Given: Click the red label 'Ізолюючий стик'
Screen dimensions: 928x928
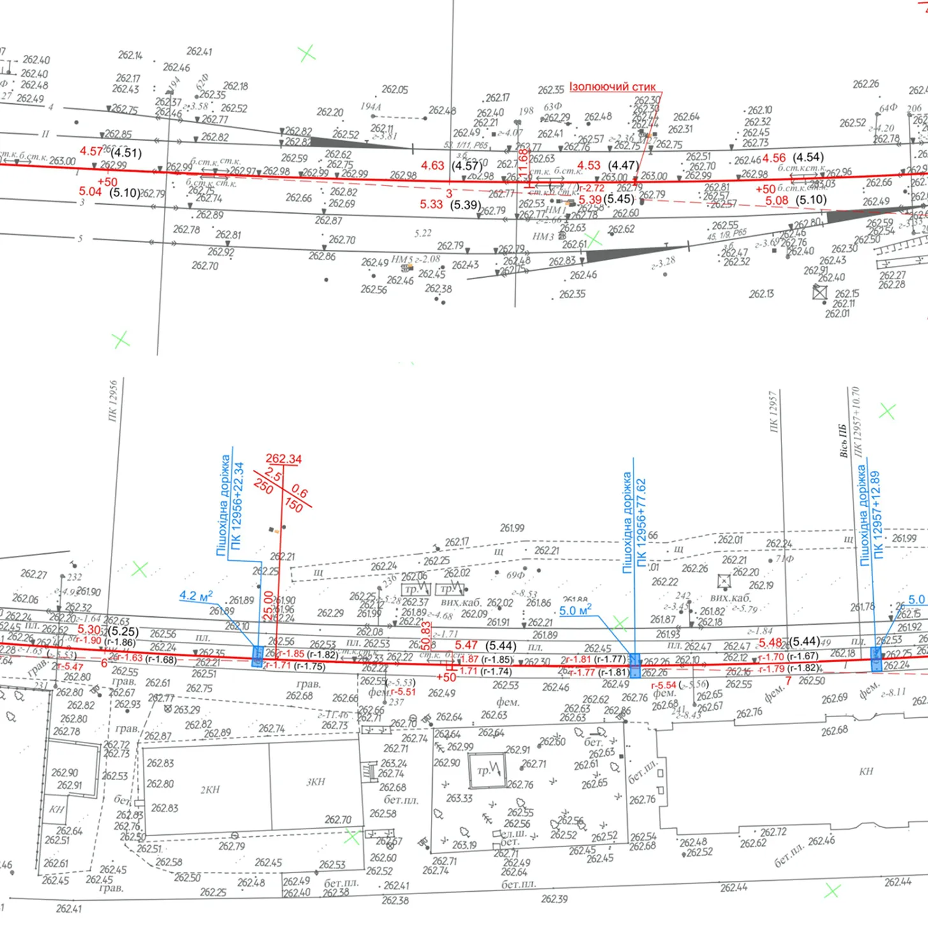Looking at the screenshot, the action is tap(612, 87).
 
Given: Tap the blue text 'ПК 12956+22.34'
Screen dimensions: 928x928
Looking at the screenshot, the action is tap(238, 505).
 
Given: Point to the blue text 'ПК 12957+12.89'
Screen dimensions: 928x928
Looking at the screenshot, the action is tap(878, 515).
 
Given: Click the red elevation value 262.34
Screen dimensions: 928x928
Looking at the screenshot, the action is tap(284, 459).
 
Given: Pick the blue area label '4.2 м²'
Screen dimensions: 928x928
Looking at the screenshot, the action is tap(196, 596).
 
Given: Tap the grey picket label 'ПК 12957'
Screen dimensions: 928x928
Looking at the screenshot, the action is tap(773, 412).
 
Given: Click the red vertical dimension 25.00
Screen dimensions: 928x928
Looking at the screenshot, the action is tap(268, 606).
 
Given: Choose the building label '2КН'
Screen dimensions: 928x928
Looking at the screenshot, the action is tap(210, 790).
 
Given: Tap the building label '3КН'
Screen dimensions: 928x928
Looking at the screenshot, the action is tap(315, 782).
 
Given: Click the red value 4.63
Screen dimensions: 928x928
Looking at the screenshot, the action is tap(432, 166).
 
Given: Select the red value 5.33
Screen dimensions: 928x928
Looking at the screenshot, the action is tap(431, 205).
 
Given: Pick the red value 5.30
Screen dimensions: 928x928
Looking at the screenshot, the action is tap(89, 630).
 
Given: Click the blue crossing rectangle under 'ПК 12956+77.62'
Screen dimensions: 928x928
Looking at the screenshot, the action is tap(635, 665).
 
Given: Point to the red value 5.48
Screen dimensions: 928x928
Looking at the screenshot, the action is tap(771, 642).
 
